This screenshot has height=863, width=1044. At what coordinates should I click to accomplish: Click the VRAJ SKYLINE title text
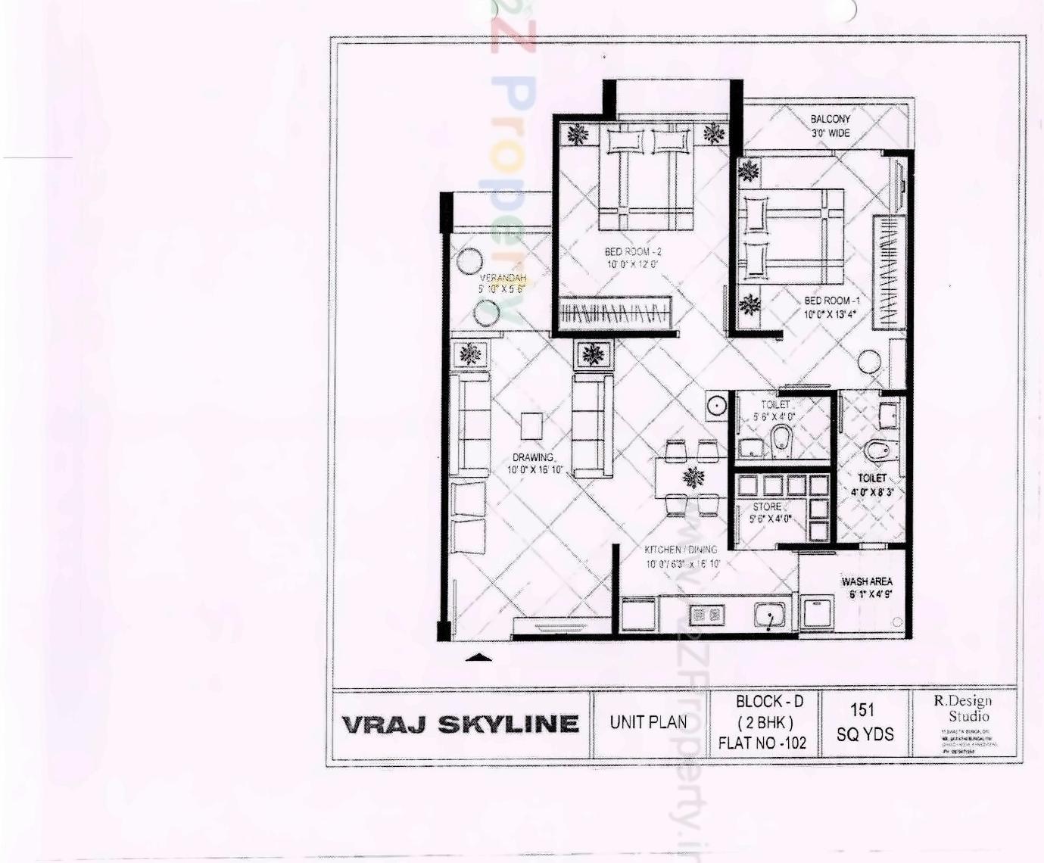[460, 724]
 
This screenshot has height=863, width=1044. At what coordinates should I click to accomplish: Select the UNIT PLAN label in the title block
[649, 723]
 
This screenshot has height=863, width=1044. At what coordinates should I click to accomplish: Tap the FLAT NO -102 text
[762, 743]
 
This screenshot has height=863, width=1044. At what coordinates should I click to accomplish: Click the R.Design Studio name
[962, 709]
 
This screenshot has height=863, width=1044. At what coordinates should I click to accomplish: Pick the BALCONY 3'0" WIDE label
[831, 126]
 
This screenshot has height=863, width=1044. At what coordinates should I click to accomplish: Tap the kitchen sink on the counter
[770, 615]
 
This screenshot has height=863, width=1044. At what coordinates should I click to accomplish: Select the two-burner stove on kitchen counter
[706, 615]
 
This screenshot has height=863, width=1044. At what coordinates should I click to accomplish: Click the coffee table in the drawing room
[531, 426]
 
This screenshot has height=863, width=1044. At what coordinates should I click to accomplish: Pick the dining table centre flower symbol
[693, 478]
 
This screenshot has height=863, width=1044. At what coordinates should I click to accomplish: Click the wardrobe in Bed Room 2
[615, 311]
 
